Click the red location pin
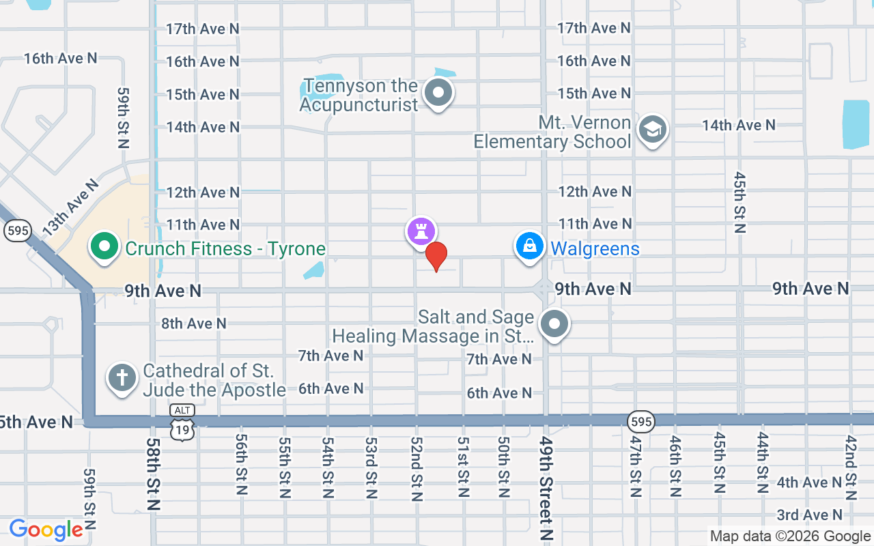(436, 256)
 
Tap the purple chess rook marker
(421, 231)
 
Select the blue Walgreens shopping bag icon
(529, 246)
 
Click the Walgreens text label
(595, 248)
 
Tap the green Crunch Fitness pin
(104, 247)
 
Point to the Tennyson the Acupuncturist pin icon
(438, 93)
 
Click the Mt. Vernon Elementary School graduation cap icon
(652, 130)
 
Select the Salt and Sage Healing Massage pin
(554, 325)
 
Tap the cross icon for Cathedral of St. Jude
(122, 377)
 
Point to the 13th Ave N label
(72, 208)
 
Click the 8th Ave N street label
(194, 323)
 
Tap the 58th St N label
(152, 474)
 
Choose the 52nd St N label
(416, 468)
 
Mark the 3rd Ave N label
(809, 515)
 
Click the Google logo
(46, 530)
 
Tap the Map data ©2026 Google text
(790, 536)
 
